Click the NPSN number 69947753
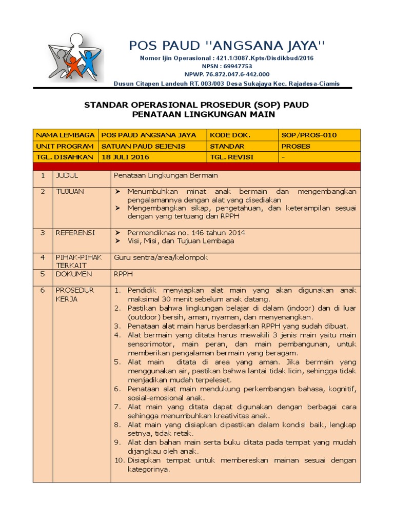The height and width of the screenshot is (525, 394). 227,66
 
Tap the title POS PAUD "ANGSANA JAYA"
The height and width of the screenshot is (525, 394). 227,46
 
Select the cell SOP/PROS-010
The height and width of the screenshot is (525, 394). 309,135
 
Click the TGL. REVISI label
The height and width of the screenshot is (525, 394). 232,157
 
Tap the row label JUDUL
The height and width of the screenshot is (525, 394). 67,175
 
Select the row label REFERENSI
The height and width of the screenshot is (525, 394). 75,233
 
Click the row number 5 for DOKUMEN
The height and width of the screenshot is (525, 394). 43,274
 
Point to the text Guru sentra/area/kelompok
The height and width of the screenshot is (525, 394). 161,257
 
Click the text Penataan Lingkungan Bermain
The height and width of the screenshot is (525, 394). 166,175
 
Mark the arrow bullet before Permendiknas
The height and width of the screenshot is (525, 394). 117,233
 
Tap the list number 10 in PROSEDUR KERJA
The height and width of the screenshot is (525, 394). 119,460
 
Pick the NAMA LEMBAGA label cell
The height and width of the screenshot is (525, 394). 65,135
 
